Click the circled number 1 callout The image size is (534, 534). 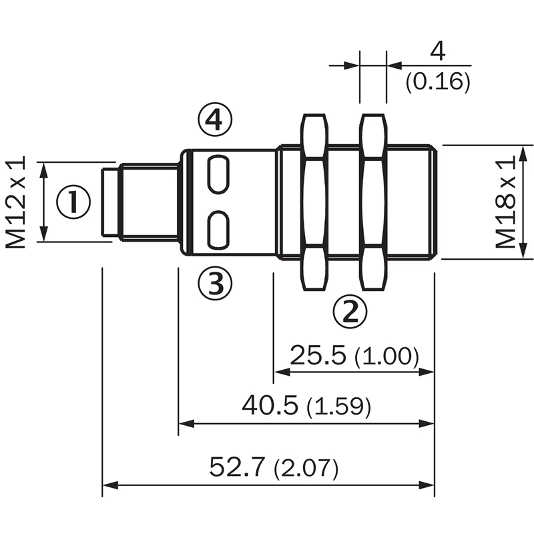73,202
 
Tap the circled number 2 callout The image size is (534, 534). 350,311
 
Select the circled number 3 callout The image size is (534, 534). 215,283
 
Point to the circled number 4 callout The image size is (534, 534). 215,120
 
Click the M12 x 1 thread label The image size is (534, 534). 15,202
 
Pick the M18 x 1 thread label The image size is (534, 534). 505,202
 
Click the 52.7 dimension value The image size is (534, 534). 237,467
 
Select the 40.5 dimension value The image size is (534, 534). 270,405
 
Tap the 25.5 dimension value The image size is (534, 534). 318,355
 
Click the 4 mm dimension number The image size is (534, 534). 438,52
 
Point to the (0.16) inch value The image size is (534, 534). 438,81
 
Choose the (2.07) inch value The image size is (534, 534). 306,469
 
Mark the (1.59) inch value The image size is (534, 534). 338,407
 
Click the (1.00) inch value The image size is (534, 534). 386,356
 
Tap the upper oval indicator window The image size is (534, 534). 218,174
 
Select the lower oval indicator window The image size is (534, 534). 218,230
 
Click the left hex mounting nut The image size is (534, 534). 314,202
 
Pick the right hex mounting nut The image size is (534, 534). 374,202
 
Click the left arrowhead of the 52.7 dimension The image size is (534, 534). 110,485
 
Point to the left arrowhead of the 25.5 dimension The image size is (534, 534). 282,372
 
